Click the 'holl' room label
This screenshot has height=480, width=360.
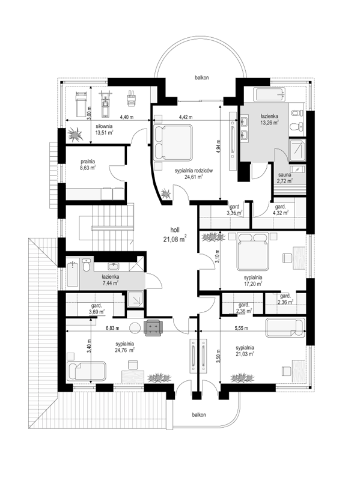click(175, 230)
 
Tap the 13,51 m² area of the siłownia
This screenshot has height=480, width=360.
click(105, 133)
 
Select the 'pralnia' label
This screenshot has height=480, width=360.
click(88, 162)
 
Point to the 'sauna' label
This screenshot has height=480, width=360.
click(285, 175)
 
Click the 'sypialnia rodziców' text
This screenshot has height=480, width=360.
click(194, 171)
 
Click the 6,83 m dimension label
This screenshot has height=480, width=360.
click(112, 328)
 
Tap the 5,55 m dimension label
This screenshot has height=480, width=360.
click(241, 328)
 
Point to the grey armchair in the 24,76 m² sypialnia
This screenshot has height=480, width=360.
click(153, 327)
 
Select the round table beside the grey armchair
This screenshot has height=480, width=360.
click(135, 328)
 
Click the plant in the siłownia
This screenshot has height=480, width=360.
click(75, 135)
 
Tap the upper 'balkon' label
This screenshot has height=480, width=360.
click(202, 77)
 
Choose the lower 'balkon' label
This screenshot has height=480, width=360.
click(199, 415)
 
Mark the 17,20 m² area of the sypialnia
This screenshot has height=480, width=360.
click(253, 284)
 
